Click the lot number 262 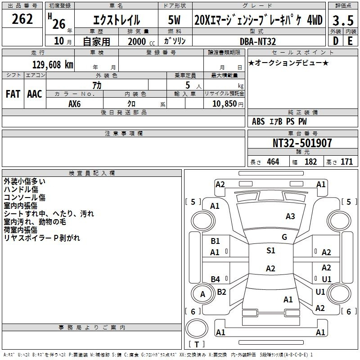coord(22,19)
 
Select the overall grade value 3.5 coord(343,20)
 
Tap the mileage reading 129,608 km coord(53,65)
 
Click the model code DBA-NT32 coord(257,41)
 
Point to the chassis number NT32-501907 coord(302,143)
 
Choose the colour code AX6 coord(74,104)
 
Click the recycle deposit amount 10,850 coord(225,104)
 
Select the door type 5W coord(174,20)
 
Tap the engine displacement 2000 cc coord(141,42)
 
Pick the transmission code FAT coord(13,94)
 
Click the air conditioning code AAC coord(35,94)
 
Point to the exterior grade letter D coord(336,41)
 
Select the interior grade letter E coord(350,41)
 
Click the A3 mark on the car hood coord(290,216)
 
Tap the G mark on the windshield coord(284,237)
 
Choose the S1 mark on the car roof coord(271,251)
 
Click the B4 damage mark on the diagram coord(216,279)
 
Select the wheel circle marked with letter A coord(202,294)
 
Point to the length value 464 coord(273,162)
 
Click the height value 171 coord(346,162)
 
